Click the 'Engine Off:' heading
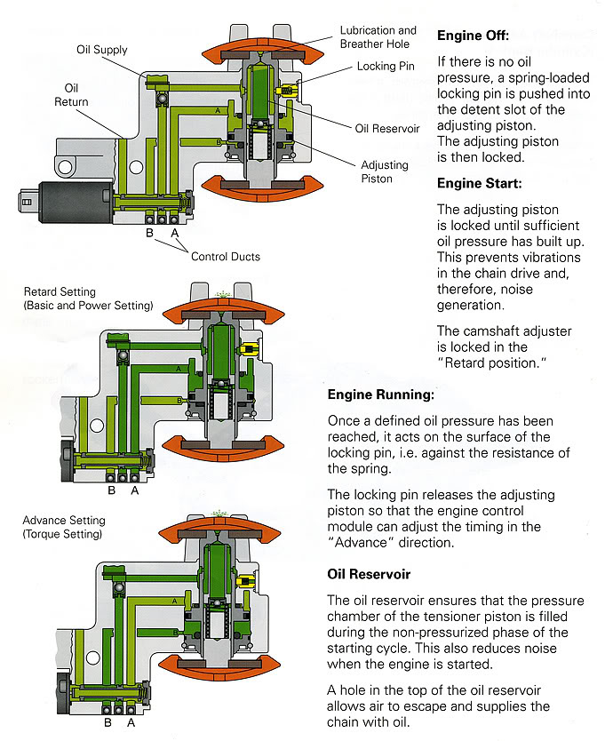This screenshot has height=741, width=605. click(473, 36)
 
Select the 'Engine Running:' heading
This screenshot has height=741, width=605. click(381, 395)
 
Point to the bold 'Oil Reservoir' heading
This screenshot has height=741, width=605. click(371, 574)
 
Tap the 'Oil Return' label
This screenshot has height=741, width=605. click(76, 95)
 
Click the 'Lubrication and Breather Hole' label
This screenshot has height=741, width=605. click(378, 36)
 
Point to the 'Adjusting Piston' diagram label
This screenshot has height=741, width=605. click(385, 171)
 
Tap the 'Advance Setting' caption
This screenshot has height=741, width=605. click(64, 521)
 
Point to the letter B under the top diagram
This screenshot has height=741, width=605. click(151, 233)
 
